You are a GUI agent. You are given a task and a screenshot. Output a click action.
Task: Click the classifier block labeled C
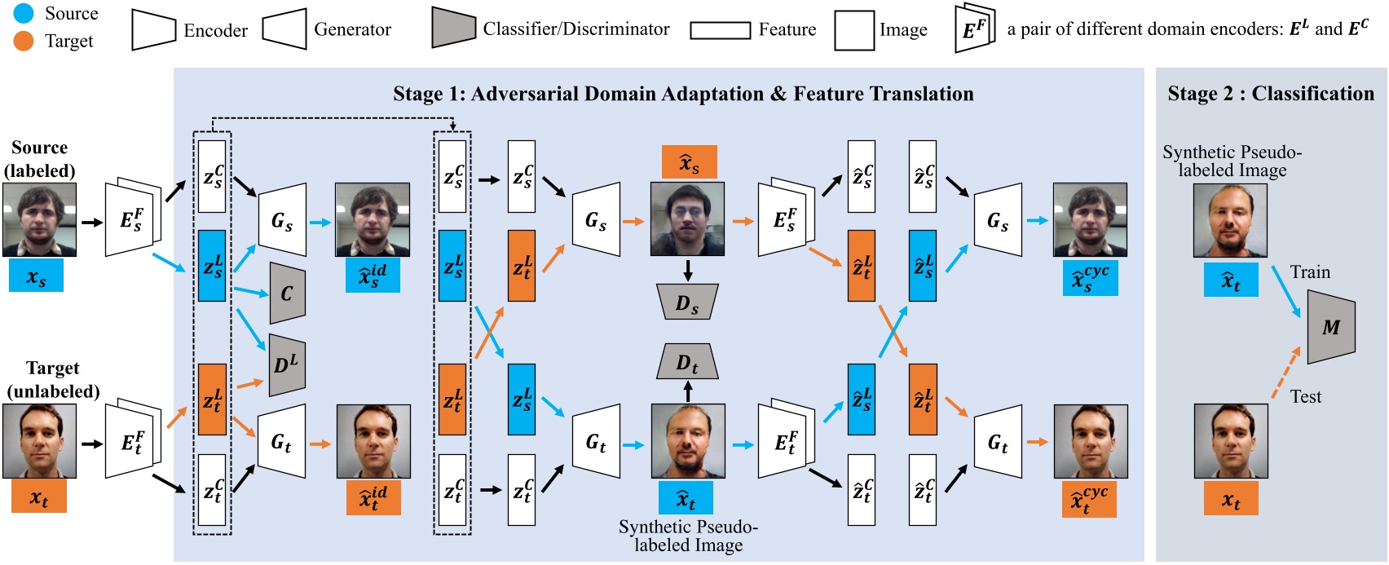click(x=287, y=293)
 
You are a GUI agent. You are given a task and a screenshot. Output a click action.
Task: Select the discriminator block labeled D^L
click(x=287, y=364)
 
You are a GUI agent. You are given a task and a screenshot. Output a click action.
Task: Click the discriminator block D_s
click(x=687, y=303)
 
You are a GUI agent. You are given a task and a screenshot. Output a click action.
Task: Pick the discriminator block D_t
click(x=687, y=362)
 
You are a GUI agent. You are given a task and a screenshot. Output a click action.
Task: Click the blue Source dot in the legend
click(x=23, y=13)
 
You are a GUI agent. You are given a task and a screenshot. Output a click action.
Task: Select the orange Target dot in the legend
click(x=23, y=41)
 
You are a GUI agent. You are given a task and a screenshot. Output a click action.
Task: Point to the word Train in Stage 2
click(x=1309, y=272)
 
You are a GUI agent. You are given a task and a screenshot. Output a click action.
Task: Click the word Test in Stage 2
click(x=1305, y=397)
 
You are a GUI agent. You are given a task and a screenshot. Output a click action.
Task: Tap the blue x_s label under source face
click(x=36, y=276)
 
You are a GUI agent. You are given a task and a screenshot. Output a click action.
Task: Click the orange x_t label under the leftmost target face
click(x=38, y=497)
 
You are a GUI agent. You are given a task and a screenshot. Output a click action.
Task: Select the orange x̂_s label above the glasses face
click(x=689, y=162)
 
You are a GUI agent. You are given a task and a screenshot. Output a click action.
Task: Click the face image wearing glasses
click(x=686, y=219)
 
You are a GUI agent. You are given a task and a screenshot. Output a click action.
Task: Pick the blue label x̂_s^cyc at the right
click(x=1090, y=278)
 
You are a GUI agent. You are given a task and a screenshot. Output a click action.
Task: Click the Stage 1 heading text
click(x=682, y=94)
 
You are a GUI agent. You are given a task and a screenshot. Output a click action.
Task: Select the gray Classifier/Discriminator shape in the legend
click(x=453, y=29)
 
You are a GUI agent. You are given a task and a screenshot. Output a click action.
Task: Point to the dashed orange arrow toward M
click(x=1286, y=373)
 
